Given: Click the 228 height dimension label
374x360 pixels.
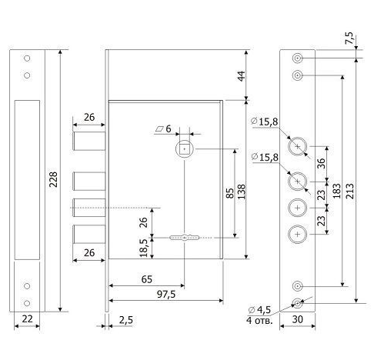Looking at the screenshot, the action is click(53, 179).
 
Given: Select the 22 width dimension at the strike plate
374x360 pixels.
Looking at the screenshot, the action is click(27, 318).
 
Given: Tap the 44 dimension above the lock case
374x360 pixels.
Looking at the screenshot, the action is click(241, 76).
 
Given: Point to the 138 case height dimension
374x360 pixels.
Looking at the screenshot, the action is click(242, 192).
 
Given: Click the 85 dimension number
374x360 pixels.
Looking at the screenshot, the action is click(230, 193).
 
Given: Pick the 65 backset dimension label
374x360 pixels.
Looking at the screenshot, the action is click(147, 279).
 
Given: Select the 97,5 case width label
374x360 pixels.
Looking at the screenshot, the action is click(166, 295).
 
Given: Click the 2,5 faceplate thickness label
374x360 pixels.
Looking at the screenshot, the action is click(126, 320).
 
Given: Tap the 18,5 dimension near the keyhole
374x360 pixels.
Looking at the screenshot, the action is click(143, 248).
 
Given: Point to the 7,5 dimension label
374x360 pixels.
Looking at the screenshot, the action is click(349, 38).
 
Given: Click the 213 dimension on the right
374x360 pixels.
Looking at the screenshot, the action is click(350, 191).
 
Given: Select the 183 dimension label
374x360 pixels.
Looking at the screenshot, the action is click(336, 191).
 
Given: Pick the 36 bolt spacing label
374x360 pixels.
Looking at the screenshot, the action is click(321, 163).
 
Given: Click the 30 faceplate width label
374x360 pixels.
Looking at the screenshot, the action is click(297, 319).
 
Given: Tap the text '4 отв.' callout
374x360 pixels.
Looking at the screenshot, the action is click(259, 321).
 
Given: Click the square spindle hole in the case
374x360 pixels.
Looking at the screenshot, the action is click(184, 149).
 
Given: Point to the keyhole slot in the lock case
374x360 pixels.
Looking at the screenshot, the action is click(184, 238).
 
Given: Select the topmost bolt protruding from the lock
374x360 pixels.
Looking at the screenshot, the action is click(89, 141).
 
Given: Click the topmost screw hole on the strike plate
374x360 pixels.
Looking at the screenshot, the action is click(27, 58).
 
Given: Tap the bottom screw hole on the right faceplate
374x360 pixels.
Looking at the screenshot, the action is click(297, 303).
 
